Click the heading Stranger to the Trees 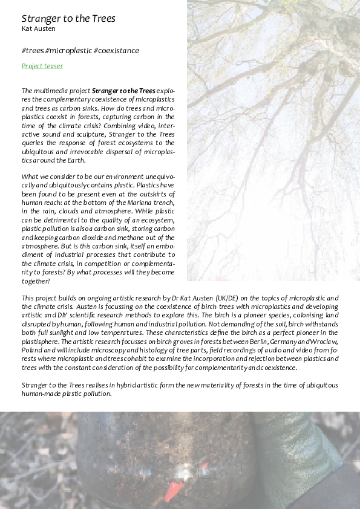point(68,18)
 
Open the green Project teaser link point(42,66)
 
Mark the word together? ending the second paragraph point(36,281)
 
